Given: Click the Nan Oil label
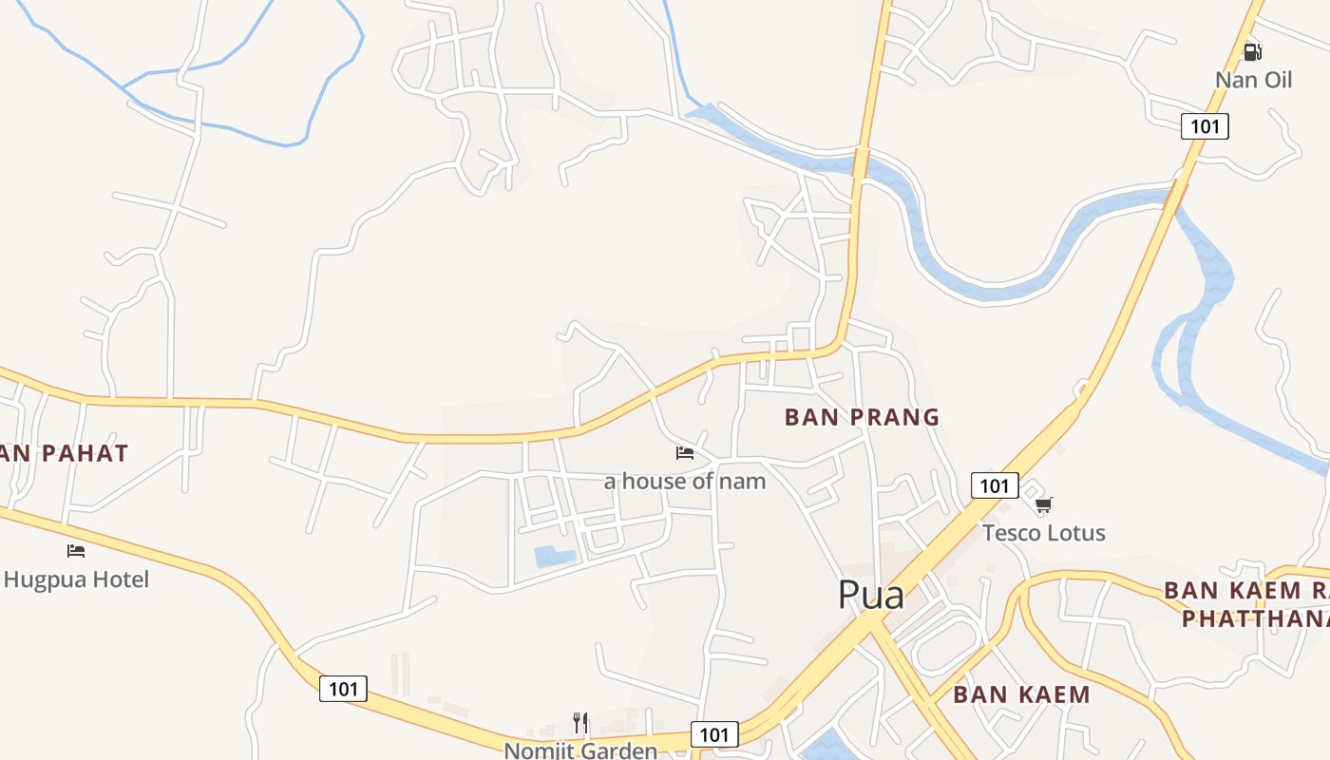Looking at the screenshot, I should pyautogui.click(x=1253, y=80).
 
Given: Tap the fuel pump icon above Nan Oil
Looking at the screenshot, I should pyautogui.click(x=1253, y=51).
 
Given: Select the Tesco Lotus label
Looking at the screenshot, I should pyautogui.click(x=1043, y=533).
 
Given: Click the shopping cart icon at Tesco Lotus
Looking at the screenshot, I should pyautogui.click(x=1043, y=504).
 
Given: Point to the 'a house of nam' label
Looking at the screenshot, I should pyautogui.click(x=684, y=481).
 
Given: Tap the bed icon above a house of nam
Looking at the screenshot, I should pyautogui.click(x=684, y=452).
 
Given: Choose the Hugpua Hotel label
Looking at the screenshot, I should pyautogui.click(x=76, y=579).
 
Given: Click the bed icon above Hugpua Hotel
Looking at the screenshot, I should pyautogui.click(x=76, y=550).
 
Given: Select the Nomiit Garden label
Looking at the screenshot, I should pyautogui.click(x=579, y=750).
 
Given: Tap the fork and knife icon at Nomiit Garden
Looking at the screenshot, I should pyautogui.click(x=579, y=723).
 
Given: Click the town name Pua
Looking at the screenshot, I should pyautogui.click(x=870, y=596).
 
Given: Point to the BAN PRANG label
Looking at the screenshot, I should pyautogui.click(x=862, y=417).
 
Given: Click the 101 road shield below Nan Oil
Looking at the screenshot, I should pyautogui.click(x=1205, y=126).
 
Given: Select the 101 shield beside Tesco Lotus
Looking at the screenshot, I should pyautogui.click(x=994, y=486).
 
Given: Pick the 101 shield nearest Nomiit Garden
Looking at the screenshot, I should pyautogui.click(x=713, y=734).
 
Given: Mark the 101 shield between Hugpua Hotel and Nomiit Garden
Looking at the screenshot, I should pyautogui.click(x=343, y=689).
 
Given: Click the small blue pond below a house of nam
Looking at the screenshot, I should pyautogui.click(x=555, y=556).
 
